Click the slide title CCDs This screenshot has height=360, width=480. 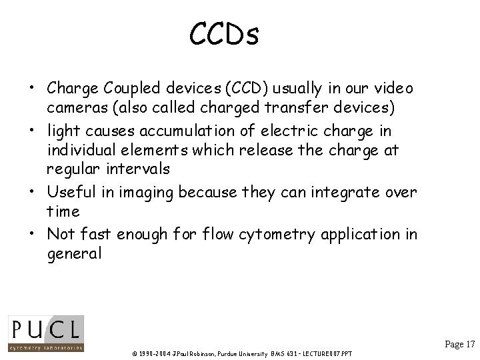[x=224, y=34]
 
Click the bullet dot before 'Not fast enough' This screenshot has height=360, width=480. [x=33, y=235]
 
